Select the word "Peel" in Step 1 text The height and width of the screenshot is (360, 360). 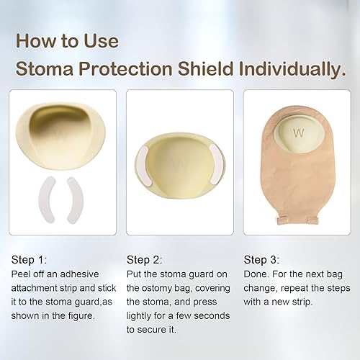coord(24,274)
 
